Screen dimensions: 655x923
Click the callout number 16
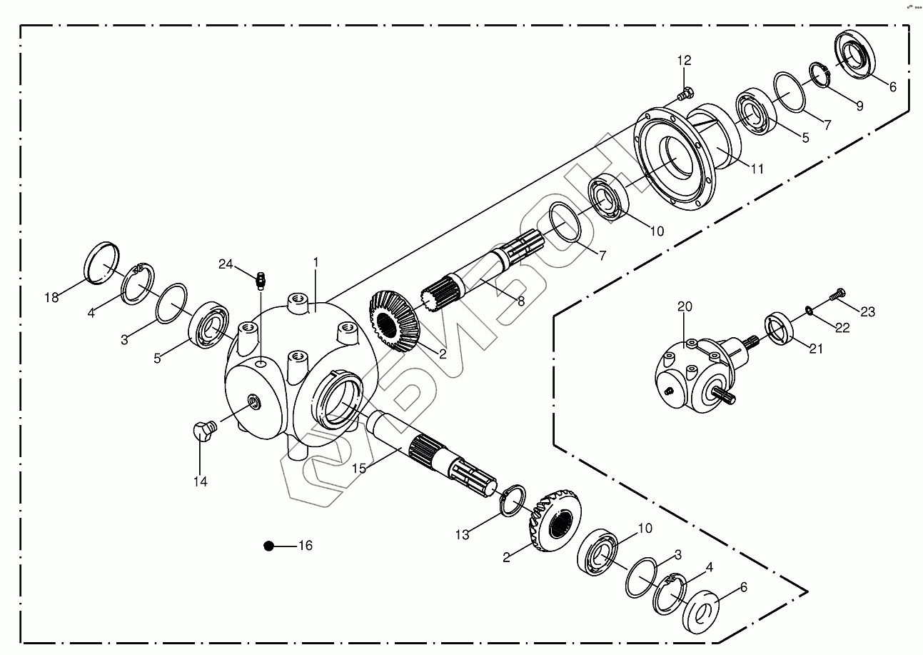(x=305, y=546)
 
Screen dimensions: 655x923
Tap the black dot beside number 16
(x=269, y=546)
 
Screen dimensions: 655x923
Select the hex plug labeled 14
(x=203, y=431)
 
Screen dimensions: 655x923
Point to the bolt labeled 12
(x=687, y=92)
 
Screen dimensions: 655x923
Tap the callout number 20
(x=685, y=306)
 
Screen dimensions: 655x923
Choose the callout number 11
(x=757, y=169)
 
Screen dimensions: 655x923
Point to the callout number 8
(x=521, y=301)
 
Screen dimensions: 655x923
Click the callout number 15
(x=359, y=468)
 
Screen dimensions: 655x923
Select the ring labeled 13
(x=514, y=499)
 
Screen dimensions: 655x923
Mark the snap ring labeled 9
(x=818, y=74)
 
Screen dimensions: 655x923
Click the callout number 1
(x=315, y=263)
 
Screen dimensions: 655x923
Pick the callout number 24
(x=226, y=264)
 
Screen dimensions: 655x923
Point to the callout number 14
(x=200, y=482)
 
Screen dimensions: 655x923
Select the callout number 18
(x=51, y=297)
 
